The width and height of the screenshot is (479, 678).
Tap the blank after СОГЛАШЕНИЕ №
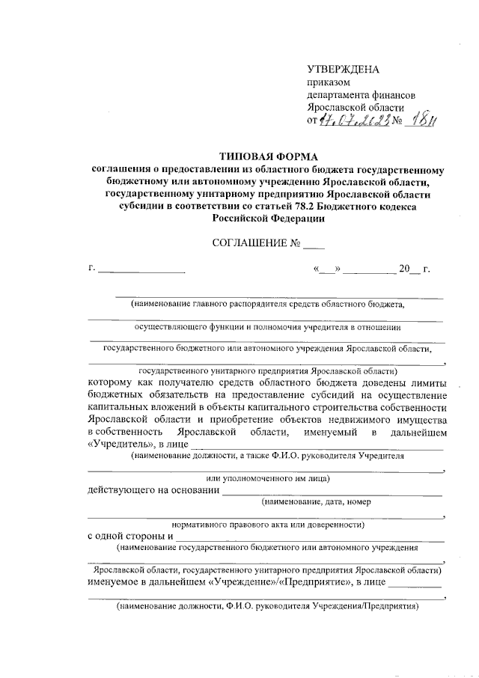315,244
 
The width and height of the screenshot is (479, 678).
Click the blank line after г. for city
141,269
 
